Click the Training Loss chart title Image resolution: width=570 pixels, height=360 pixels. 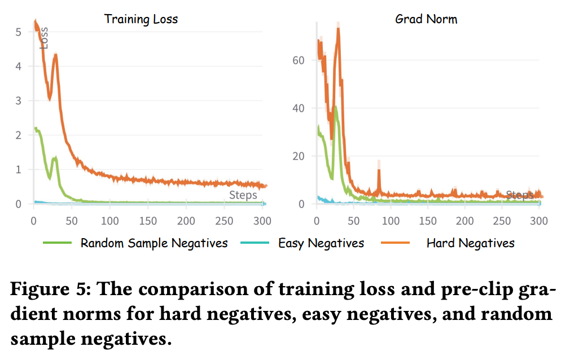point(141,19)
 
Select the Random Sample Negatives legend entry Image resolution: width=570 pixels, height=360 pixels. point(154,243)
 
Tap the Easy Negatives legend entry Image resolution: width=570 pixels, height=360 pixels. point(321,243)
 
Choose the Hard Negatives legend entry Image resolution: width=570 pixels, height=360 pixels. point(470,243)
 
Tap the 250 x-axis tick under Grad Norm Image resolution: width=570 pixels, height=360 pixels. point(502,221)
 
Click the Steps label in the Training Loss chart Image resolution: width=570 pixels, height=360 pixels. point(243,195)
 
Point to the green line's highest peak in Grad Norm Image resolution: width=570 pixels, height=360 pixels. point(336,107)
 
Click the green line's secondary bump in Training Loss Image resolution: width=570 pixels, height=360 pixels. point(55,159)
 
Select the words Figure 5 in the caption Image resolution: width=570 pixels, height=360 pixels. point(46,290)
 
